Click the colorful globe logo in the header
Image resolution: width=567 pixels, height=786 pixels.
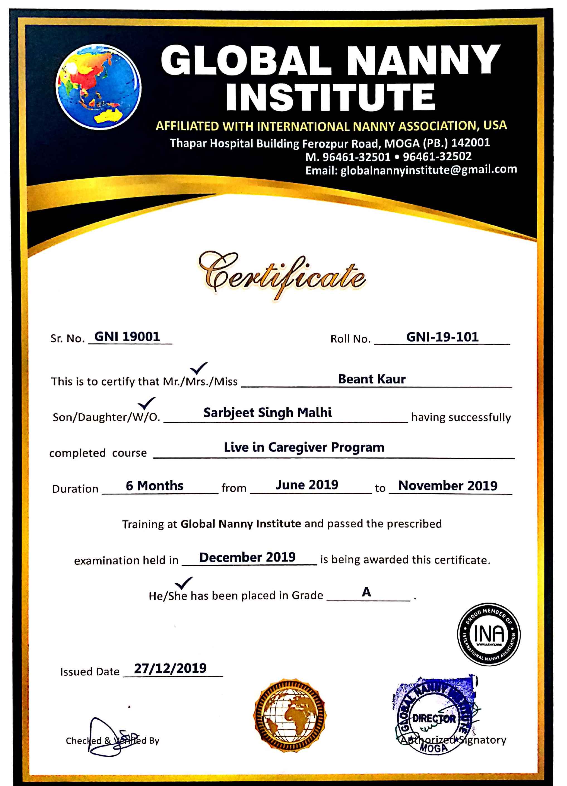[x=98, y=87]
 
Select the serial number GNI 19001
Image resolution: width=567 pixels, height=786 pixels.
[x=127, y=337]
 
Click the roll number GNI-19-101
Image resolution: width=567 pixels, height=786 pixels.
[x=442, y=337]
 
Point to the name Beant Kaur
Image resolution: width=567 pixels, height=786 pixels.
[x=371, y=379]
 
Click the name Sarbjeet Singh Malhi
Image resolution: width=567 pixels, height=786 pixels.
[x=267, y=412]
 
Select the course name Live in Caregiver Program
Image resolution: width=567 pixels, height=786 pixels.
[x=304, y=447]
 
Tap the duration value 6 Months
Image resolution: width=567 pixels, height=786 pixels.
[x=154, y=486]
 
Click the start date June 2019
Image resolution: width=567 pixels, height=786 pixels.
[x=307, y=484]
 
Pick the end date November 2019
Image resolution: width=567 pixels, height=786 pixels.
[x=448, y=486]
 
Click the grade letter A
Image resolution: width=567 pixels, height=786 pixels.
[x=366, y=592]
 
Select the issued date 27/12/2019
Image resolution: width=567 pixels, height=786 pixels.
[x=170, y=668]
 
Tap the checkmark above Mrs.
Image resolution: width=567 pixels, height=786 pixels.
[x=199, y=368]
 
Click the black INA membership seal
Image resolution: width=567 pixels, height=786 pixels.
[x=489, y=634]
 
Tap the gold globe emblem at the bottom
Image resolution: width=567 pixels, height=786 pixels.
[x=290, y=715]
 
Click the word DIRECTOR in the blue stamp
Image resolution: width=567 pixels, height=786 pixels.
[x=434, y=718]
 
